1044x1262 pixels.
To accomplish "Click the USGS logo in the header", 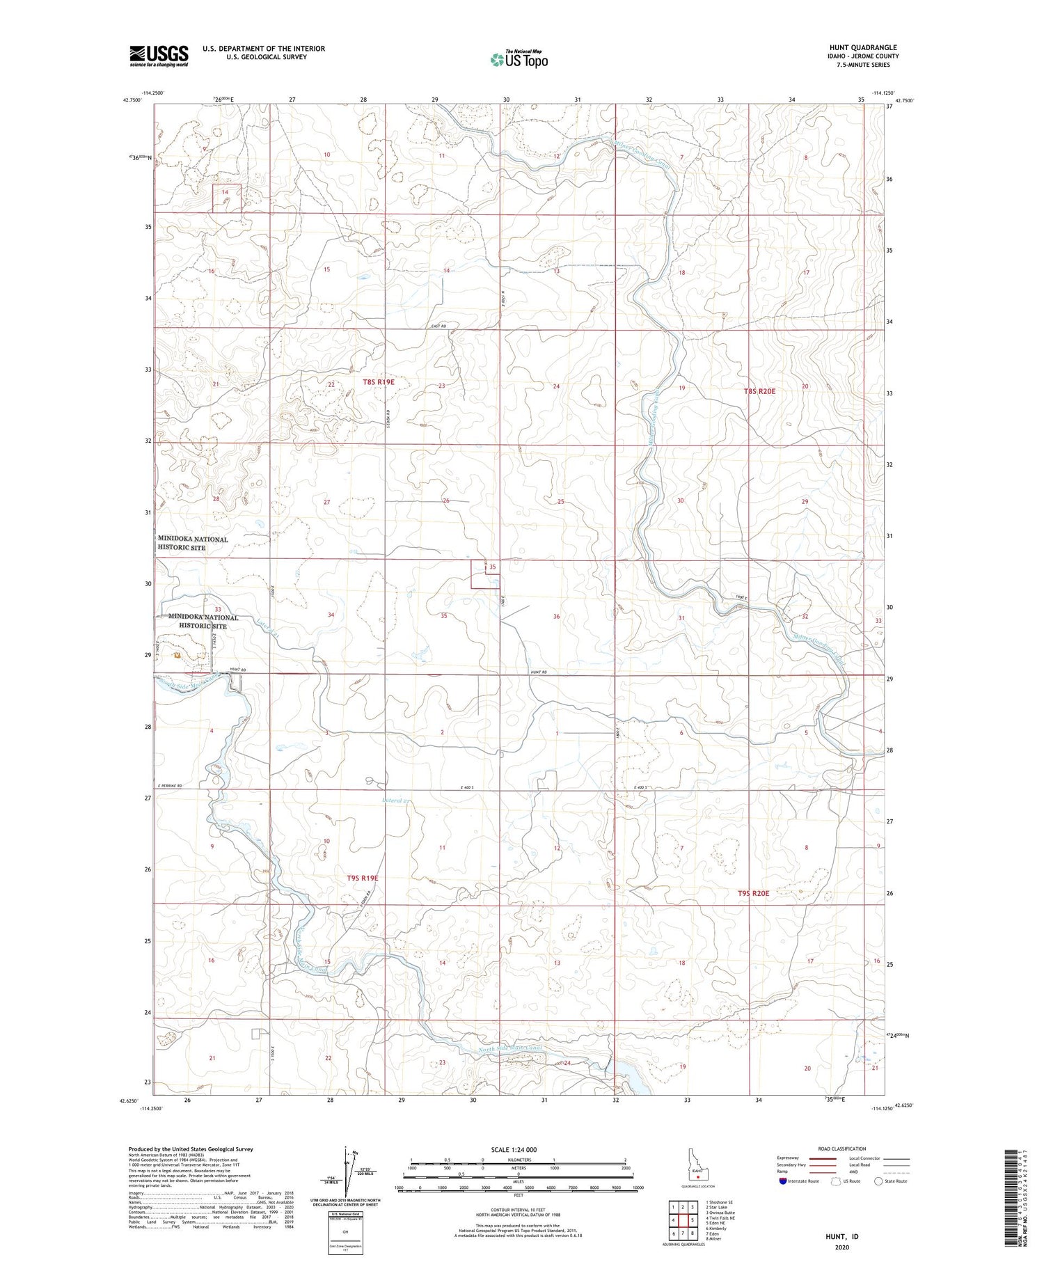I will (159, 56).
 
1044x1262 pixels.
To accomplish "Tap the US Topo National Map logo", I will (519, 59).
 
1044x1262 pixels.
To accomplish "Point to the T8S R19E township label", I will (378, 382).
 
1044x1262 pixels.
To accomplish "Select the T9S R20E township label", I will (753, 892).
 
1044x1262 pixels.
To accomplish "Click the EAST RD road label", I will (438, 326).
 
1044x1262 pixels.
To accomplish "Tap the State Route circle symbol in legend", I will (879, 1181).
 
